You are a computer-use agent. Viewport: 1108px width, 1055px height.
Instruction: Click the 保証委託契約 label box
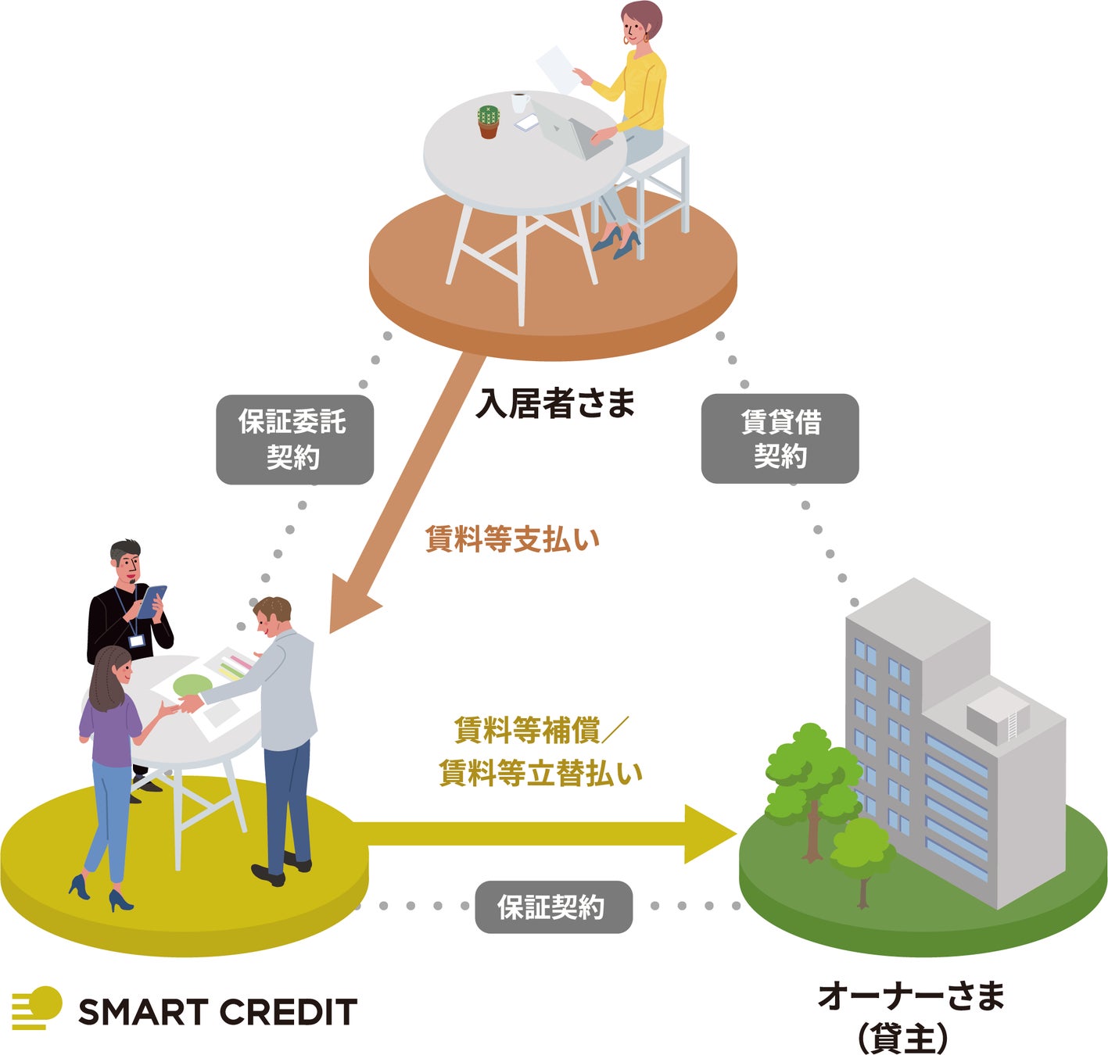coord(294,439)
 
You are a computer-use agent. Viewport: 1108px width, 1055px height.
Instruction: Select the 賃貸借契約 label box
coord(780,438)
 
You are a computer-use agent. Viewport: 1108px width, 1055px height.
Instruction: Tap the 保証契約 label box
coord(553,907)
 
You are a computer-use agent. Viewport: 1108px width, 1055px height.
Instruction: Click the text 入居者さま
coord(555,403)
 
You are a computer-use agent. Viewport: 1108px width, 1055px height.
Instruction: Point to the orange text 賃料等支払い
coord(512,539)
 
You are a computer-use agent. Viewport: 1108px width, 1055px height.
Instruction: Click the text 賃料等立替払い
coord(540,773)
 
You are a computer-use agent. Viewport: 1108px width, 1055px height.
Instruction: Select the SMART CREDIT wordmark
coord(217,1012)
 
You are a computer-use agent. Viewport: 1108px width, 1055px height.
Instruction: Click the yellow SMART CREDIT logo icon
coord(37,1007)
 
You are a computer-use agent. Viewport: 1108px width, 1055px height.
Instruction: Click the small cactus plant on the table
coord(489,122)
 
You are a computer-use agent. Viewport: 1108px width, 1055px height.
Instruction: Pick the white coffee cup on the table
coord(520,102)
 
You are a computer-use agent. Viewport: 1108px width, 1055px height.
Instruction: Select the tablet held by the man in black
coord(152,600)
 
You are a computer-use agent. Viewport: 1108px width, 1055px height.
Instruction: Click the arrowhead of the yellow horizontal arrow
coord(708,835)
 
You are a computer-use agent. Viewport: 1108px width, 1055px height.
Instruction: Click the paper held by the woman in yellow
coord(558,68)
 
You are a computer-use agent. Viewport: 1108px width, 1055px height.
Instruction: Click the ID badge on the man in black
coord(137,641)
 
